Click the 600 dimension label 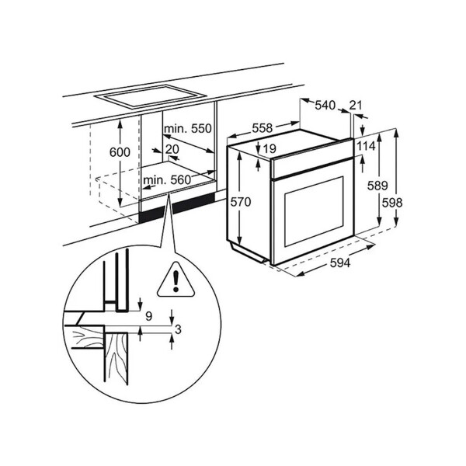point(120,152)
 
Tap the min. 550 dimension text point(188,128)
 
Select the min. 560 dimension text point(167,180)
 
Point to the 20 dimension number point(172,149)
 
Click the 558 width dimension point(263,128)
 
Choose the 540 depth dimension point(325,105)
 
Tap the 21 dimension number point(356,105)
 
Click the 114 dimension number point(366,146)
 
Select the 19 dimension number point(270,148)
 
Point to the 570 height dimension point(241,202)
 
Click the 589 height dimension point(377,186)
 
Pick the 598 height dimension point(392,203)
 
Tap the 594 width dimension point(340,263)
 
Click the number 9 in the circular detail point(149,316)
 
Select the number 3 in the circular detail point(178,329)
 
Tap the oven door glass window point(314,211)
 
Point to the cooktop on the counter point(150,96)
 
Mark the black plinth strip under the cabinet point(176,207)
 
